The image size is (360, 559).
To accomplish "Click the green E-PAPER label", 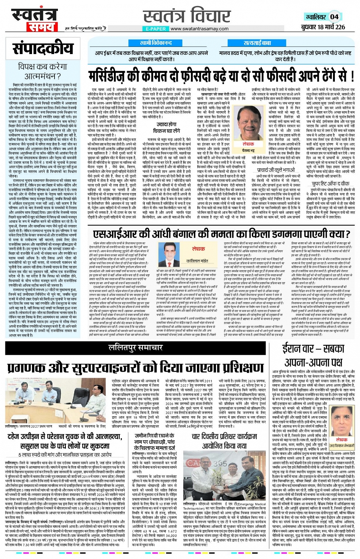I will click(156, 29).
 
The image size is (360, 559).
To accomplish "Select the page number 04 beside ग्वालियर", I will click(334, 17).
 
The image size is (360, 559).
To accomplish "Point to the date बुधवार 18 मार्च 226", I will click(323, 27).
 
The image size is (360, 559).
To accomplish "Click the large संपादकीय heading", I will click(43, 48).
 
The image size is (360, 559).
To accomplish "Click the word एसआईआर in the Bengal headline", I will click(114, 234).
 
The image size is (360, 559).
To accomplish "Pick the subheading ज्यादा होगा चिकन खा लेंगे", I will click(166, 127).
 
